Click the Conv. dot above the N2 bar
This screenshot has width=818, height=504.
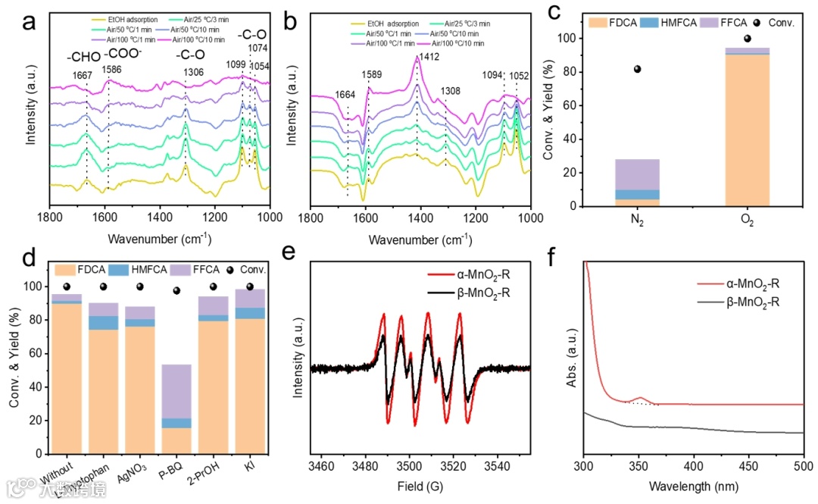coord(638,69)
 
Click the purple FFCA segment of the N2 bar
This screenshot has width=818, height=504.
coord(638,174)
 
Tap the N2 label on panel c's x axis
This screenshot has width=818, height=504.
coord(638,222)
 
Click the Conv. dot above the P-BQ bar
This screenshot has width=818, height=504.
coord(176,291)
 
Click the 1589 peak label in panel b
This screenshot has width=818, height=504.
coord(371,76)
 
